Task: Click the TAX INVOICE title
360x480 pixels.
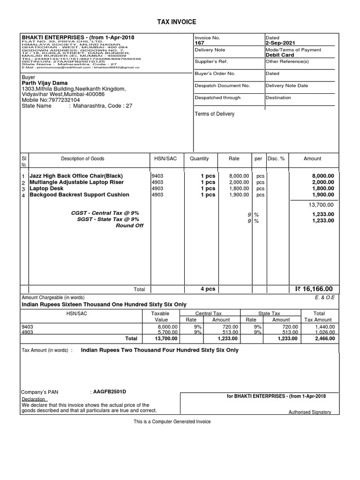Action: click(180, 22)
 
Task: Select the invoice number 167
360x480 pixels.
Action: click(199, 43)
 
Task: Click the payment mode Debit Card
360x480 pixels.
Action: click(279, 55)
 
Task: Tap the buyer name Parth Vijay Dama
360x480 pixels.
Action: click(45, 83)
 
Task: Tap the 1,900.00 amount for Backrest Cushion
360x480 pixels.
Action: click(323, 195)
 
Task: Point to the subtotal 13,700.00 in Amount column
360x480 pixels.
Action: click(321, 205)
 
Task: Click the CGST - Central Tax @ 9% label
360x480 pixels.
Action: click(105, 213)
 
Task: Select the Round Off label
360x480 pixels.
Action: click(129, 225)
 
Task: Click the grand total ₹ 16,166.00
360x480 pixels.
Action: click(314, 289)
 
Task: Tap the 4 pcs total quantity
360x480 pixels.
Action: click(208, 289)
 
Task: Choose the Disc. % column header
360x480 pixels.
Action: click(276, 159)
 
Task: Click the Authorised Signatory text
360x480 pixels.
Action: click(309, 412)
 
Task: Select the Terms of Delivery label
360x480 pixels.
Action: click(215, 114)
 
